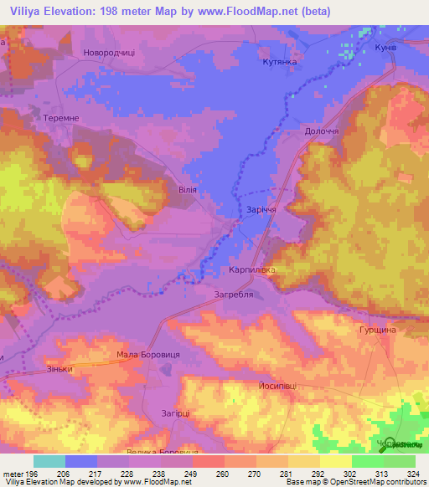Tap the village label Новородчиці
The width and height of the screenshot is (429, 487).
click(108, 53)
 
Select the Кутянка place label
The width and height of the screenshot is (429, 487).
click(280, 62)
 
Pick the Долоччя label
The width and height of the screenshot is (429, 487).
click(321, 132)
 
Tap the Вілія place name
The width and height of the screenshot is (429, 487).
click(188, 190)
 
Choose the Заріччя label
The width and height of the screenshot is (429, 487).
click(261, 210)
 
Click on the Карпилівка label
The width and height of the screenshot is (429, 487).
click(252, 271)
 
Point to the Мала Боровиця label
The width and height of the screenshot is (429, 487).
click(148, 355)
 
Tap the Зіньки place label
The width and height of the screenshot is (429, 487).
click(60, 368)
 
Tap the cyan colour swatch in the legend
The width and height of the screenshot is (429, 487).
click(49, 461)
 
